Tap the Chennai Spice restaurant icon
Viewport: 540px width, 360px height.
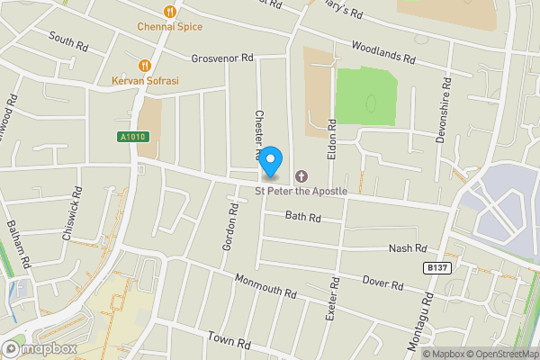coord(169,11)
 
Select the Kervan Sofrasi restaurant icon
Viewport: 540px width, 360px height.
coord(144,65)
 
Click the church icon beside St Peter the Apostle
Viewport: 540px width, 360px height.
coord(301,175)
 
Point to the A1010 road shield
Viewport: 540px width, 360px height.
coord(132,137)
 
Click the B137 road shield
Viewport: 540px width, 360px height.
coord(436,268)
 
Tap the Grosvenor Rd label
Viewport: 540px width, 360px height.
coord(221,58)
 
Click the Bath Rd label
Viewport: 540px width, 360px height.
coord(302,217)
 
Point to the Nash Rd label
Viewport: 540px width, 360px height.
coord(407,248)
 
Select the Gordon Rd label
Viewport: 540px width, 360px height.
coord(229,227)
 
